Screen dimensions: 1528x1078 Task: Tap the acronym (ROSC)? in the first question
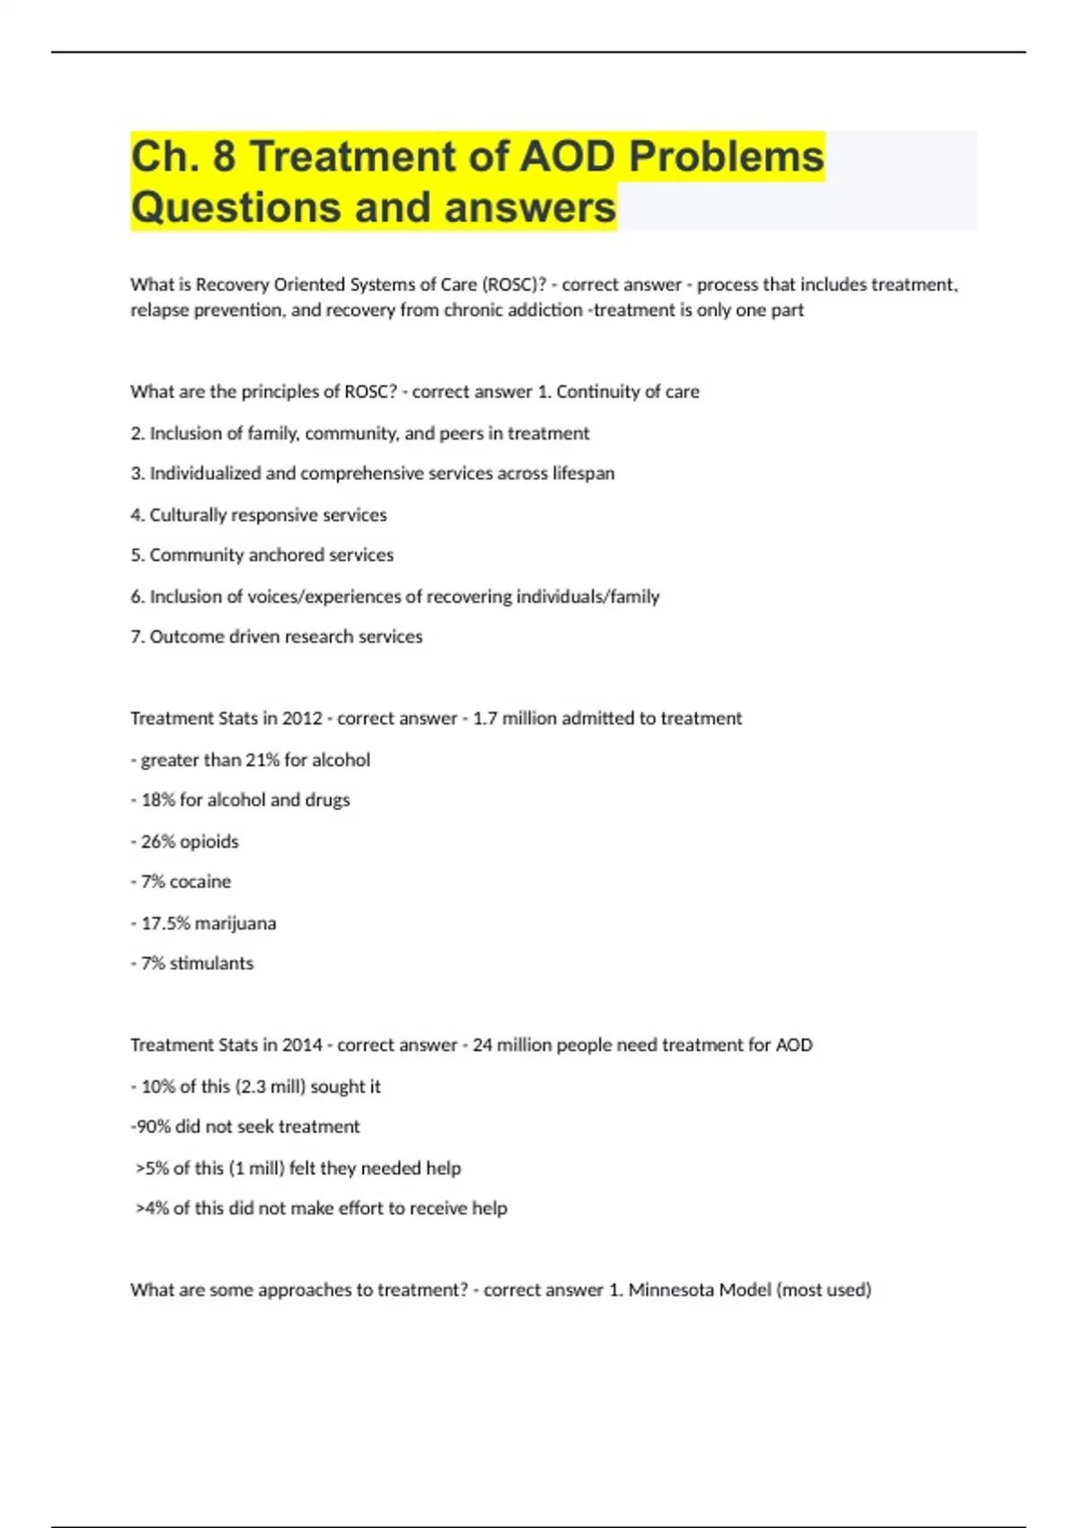(514, 285)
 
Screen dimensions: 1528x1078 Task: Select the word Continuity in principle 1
(596, 392)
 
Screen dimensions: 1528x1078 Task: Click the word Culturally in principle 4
(187, 515)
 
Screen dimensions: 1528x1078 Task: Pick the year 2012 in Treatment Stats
(302, 719)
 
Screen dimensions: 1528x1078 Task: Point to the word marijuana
(235, 924)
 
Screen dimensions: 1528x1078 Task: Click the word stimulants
(211, 964)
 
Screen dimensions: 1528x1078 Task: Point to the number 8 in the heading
(224, 156)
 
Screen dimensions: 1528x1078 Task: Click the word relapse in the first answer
(159, 310)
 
